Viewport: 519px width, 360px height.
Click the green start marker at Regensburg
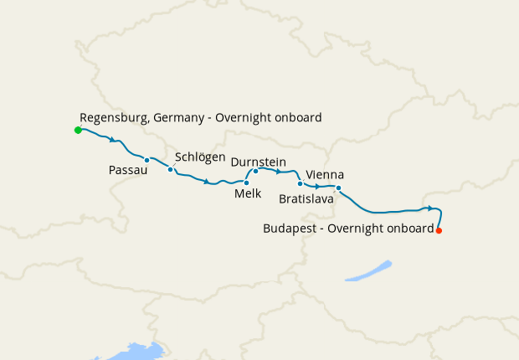pyautogui.click(x=78, y=131)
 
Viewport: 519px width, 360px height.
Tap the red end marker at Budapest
pyautogui.click(x=439, y=230)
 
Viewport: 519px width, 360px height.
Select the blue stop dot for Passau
pyautogui.click(x=146, y=160)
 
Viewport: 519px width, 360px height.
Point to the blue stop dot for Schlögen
pyautogui.click(x=171, y=170)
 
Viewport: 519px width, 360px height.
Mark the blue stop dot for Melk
pyautogui.click(x=246, y=183)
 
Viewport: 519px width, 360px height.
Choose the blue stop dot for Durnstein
pyautogui.click(x=255, y=171)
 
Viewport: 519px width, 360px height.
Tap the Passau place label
pyautogui.click(x=128, y=170)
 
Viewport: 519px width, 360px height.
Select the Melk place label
pyautogui.click(x=248, y=194)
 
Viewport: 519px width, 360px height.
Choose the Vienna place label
pyautogui.click(x=325, y=174)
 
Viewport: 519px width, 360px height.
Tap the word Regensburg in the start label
pyautogui.click(x=114, y=118)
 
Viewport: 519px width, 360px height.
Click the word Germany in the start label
pyautogui.click(x=179, y=118)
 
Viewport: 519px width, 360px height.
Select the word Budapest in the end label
pyautogui.click(x=290, y=228)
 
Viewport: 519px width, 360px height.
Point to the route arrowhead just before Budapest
pyautogui.click(x=429, y=208)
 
